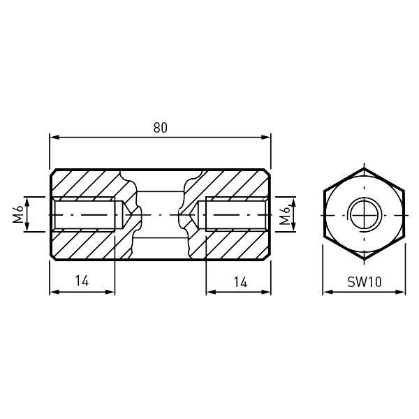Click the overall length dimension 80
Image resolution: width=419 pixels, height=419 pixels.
161,128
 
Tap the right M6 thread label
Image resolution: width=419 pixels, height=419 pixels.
285,215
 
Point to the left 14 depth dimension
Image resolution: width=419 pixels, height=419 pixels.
82,281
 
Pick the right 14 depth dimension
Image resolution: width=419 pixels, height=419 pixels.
240,282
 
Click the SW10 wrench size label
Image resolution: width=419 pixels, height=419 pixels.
365,282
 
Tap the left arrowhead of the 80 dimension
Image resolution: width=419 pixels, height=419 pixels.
54,138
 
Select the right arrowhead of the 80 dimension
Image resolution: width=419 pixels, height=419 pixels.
266,138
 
